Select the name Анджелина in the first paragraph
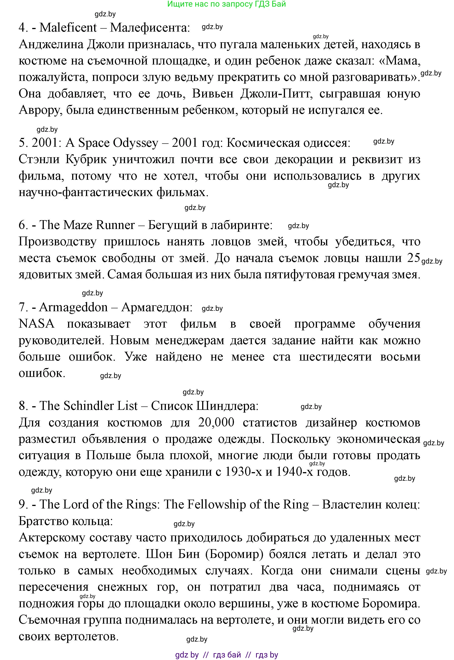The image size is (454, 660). (x=51, y=45)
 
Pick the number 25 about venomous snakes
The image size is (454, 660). (x=414, y=258)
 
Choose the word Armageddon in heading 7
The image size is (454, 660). (x=73, y=307)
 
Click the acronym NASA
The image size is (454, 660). (x=36, y=324)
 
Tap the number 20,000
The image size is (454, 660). (x=216, y=422)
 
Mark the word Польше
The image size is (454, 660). (x=107, y=456)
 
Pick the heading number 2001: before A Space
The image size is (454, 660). (x=47, y=143)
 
